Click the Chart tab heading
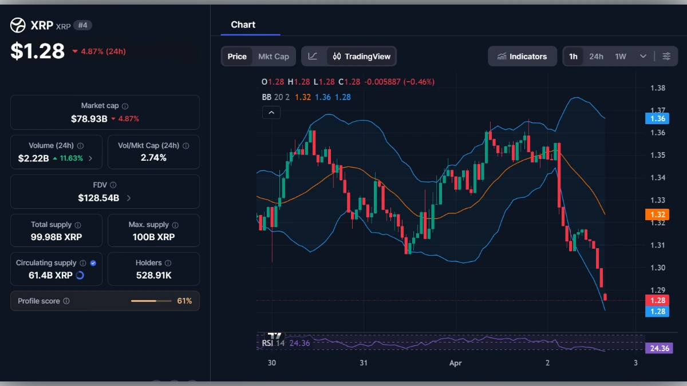[243, 25]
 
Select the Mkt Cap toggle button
[274, 57]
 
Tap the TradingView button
[362, 57]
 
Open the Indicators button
[522, 57]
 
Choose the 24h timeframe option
[596, 57]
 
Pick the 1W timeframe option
[621, 57]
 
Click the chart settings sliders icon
[666, 57]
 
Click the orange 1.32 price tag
[657, 215]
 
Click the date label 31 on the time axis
[363, 363]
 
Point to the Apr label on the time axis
[455, 363]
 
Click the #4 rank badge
[82, 25]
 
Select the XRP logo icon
[18, 25]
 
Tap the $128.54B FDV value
[98, 198]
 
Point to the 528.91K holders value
[153, 275]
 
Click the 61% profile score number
[184, 301]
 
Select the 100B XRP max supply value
[153, 237]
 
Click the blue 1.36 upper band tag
[657, 118]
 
